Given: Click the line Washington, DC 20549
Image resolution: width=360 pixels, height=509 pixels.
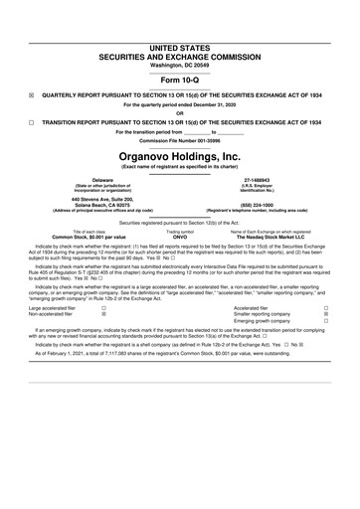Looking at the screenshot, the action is click(180, 37).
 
